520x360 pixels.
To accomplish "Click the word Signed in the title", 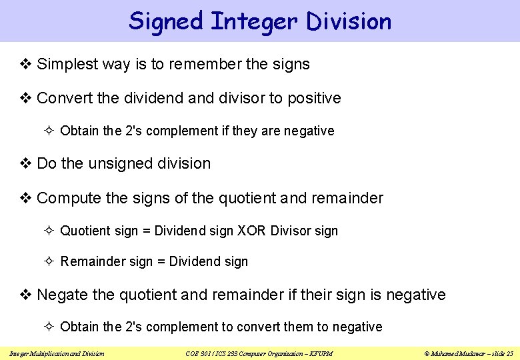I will click(165, 21).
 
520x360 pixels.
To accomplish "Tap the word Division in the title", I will click(349, 21).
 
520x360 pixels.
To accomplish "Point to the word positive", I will click(314, 99).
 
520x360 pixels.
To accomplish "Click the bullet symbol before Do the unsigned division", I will click(26, 164).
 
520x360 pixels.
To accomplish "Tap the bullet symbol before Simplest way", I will click(26, 65).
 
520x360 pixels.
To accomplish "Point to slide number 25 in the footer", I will click(509, 353).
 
